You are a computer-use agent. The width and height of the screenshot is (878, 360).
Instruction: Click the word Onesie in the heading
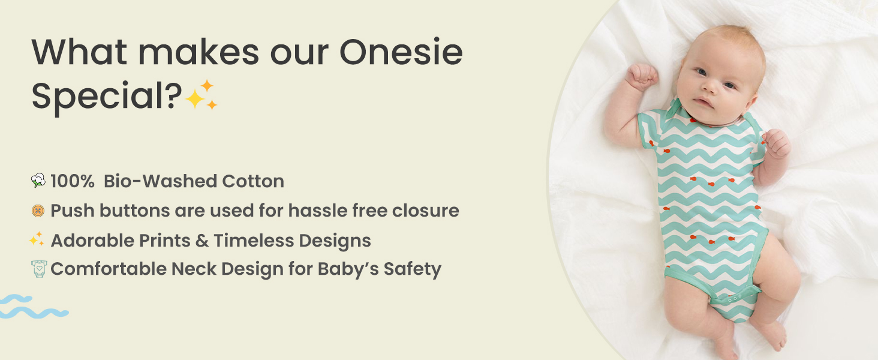(x=401, y=53)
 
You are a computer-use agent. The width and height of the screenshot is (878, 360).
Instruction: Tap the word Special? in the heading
(x=107, y=96)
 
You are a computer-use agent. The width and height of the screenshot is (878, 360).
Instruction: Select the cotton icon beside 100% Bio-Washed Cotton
(x=38, y=181)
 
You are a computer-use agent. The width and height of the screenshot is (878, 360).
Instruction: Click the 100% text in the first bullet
(x=72, y=181)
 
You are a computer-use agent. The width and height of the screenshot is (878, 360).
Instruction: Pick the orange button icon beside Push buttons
(x=38, y=211)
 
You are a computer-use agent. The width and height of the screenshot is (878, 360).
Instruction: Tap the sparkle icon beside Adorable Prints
(x=37, y=240)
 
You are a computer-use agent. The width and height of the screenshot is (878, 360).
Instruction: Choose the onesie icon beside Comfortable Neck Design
(x=38, y=269)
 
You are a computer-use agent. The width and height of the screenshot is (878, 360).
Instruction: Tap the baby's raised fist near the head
(x=641, y=76)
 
